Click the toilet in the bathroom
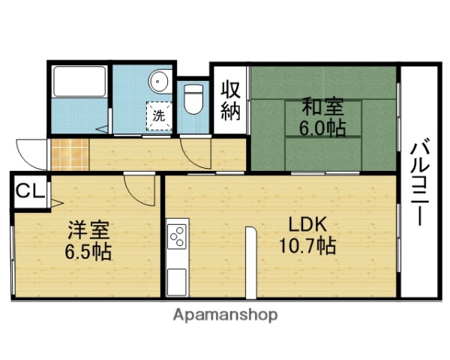pos(193,98)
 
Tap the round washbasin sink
pos(158,81)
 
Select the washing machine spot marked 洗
pos(159,116)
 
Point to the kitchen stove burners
pos(178,238)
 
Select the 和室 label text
pos(322,105)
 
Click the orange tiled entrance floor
pos(68,154)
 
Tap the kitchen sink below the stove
pos(178,281)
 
